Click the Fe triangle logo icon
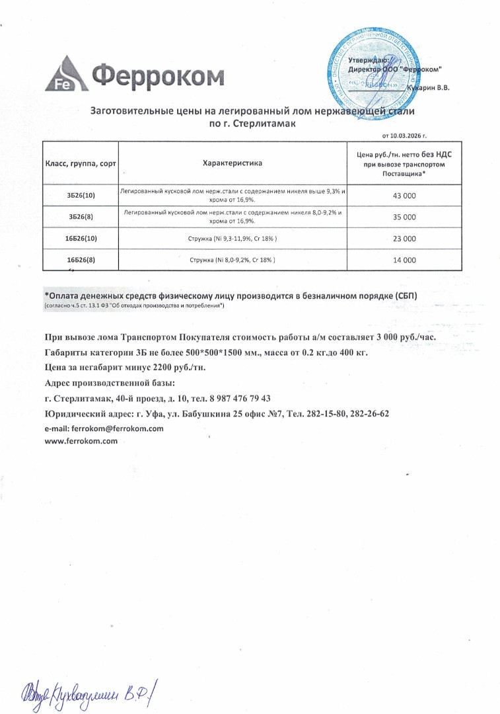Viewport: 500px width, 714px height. (x=67, y=75)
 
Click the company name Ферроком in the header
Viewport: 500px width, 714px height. (x=158, y=76)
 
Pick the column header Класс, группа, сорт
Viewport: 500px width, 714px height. (x=80, y=163)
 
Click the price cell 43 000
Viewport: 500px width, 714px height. (x=404, y=196)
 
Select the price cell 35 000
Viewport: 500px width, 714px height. (x=404, y=217)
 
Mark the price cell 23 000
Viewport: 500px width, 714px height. (x=404, y=238)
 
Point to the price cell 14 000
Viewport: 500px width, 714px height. (x=404, y=260)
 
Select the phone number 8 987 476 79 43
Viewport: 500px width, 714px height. (x=239, y=399)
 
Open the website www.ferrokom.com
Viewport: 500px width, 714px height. (x=81, y=441)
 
